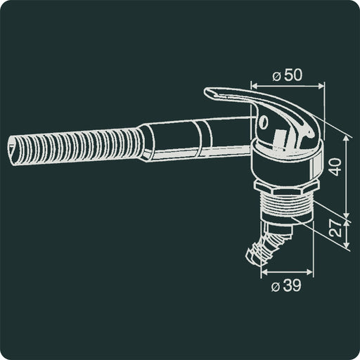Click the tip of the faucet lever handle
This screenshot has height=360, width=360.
pyautogui.click(x=209, y=92)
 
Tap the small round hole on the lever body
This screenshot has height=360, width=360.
pyautogui.click(x=264, y=122)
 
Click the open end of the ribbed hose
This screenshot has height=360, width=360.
pyautogui.click(x=15, y=148)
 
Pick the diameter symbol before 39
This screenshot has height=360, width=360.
pyautogui.click(x=277, y=285)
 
